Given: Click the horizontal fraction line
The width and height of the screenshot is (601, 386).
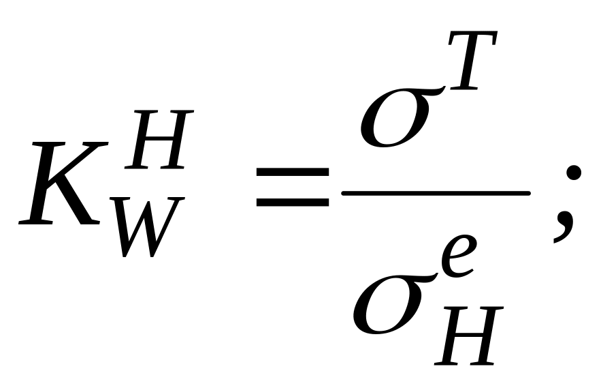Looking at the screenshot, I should pos(436,193).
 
